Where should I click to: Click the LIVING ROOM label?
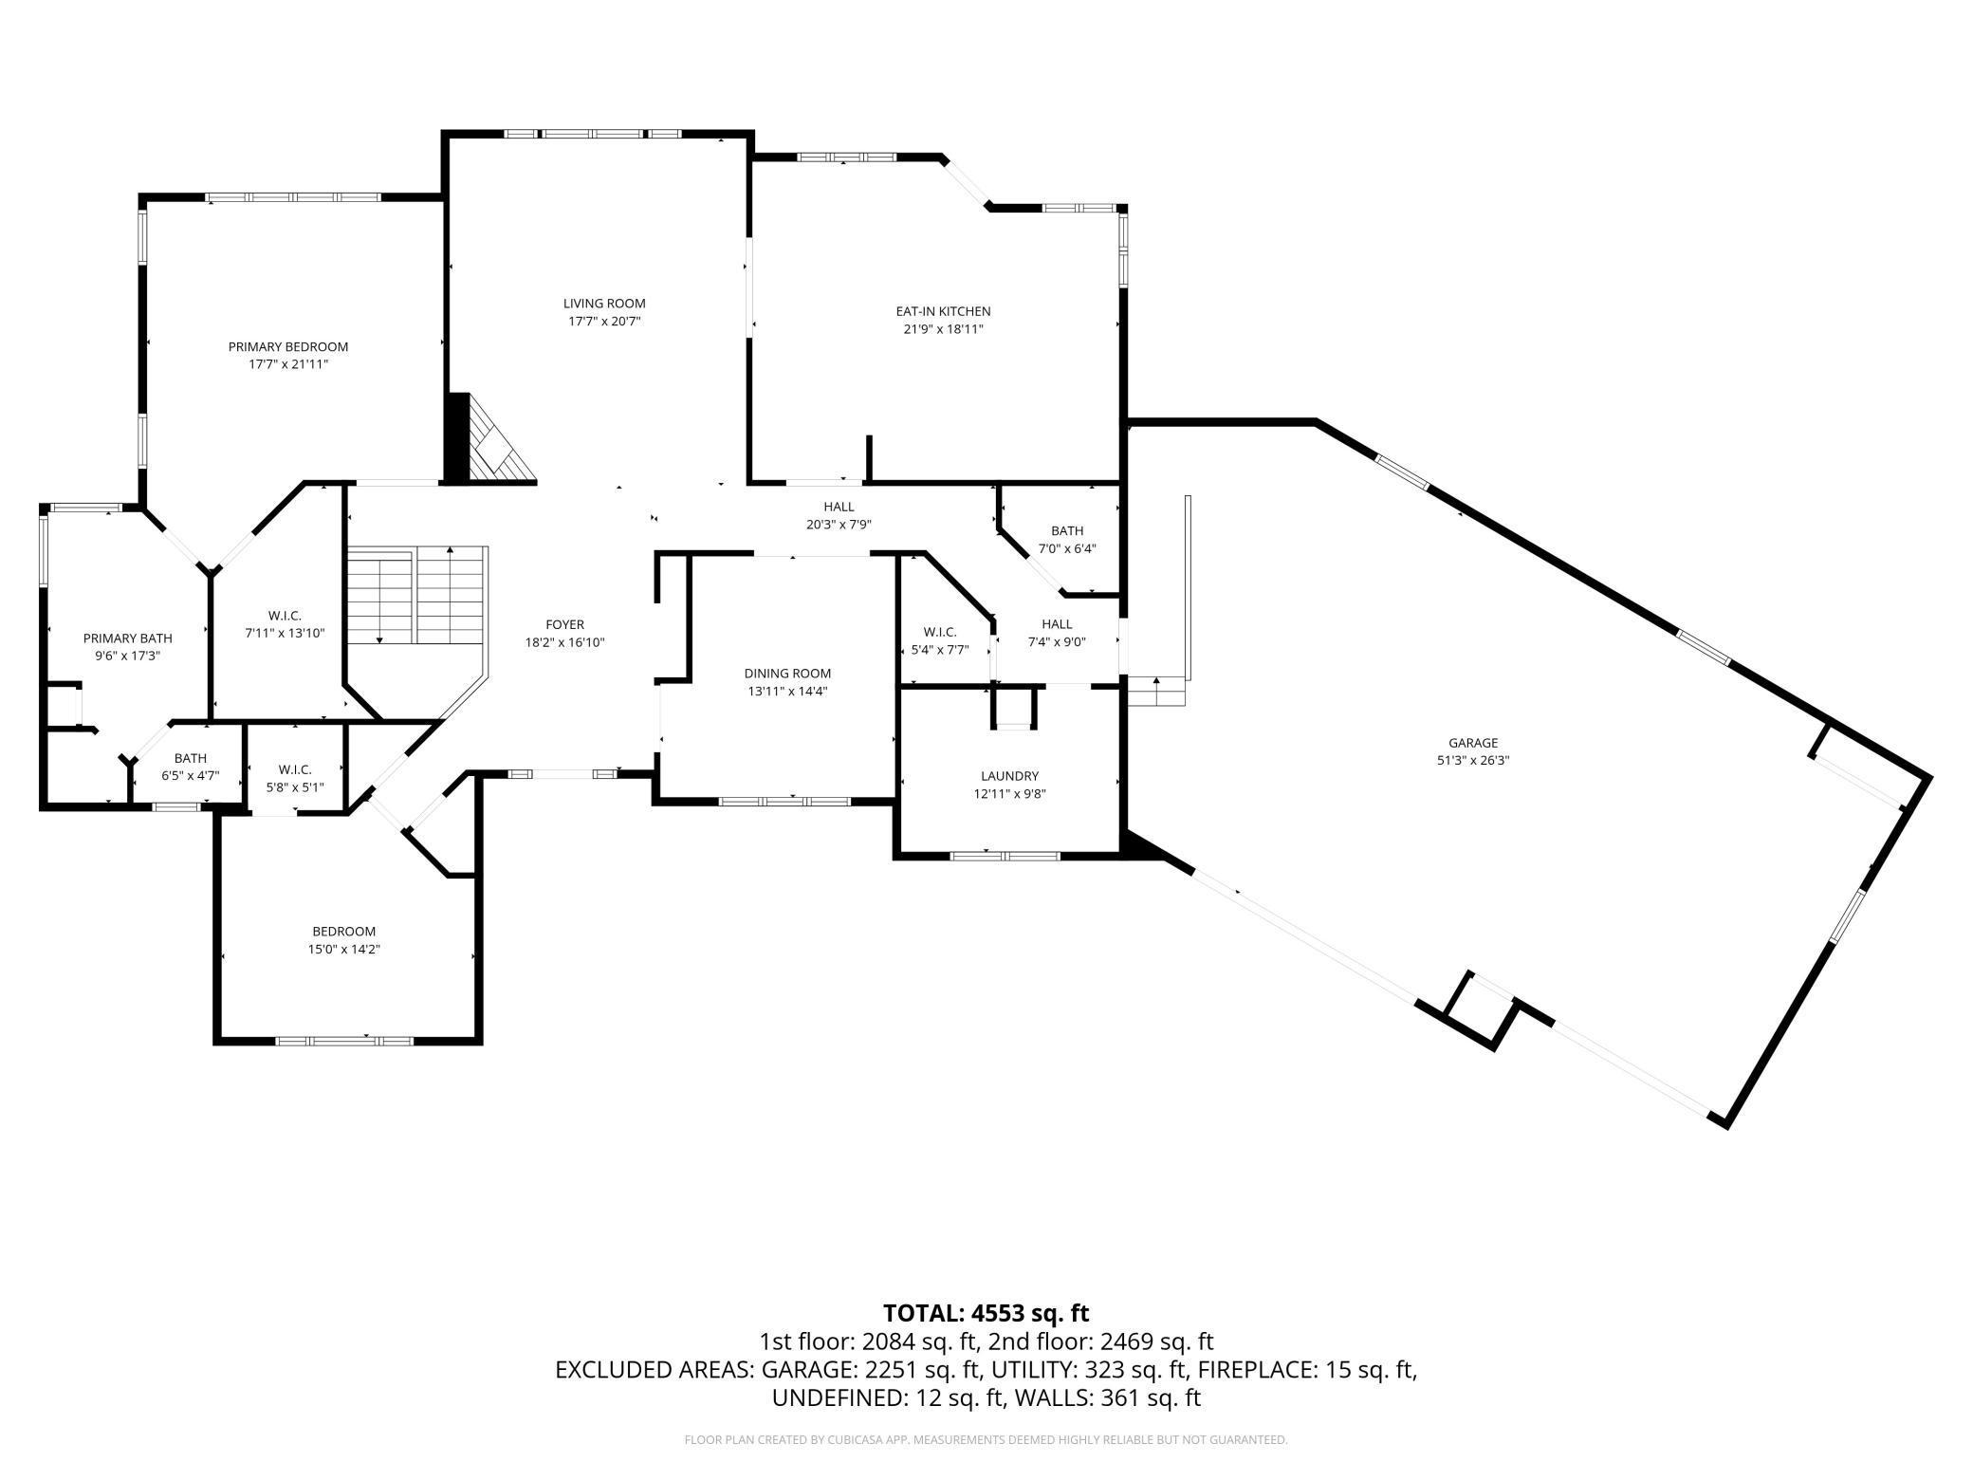point(604,304)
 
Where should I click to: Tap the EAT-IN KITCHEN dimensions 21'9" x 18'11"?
point(943,329)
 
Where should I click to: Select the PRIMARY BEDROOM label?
point(287,347)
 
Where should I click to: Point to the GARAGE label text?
point(1472,743)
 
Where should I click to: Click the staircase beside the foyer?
point(416,595)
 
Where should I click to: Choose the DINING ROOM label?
point(787,674)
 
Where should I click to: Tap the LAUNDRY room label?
point(1009,776)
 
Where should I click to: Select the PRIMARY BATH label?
point(127,638)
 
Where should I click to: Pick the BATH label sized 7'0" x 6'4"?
point(1066,531)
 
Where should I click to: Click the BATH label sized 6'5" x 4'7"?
point(190,758)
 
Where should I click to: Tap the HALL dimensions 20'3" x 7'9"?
point(839,524)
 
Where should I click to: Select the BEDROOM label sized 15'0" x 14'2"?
point(344,932)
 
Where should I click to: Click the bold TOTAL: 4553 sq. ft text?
point(986,1313)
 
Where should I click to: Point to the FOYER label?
point(564,625)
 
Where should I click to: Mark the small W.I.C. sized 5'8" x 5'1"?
point(295,769)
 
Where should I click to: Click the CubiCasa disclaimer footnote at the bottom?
point(986,1440)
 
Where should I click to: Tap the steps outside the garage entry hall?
point(1157,693)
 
